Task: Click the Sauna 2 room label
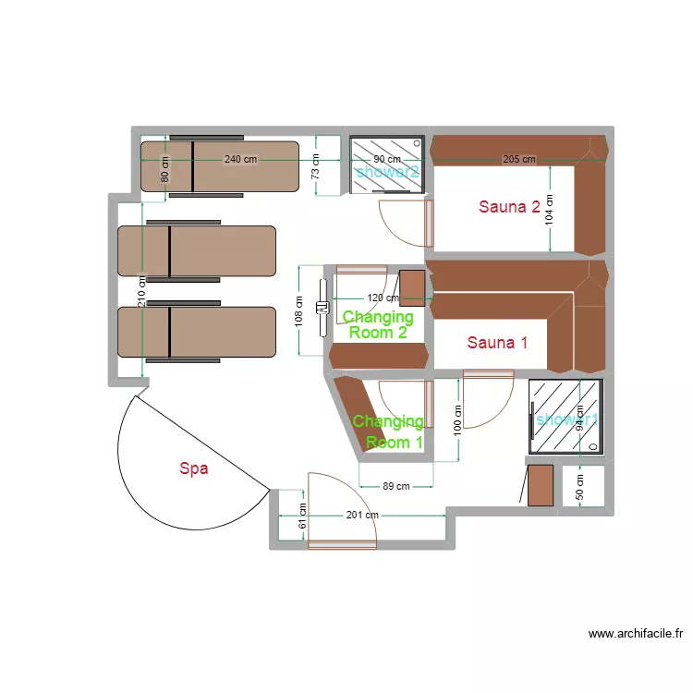pos(509,207)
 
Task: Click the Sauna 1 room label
pos(497,343)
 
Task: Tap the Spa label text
pos(193,468)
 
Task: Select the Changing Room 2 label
pos(377,325)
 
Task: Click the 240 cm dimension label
pos(240,159)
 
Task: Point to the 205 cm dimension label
pos(518,159)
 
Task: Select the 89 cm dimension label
pos(395,487)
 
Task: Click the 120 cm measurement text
pos(383,298)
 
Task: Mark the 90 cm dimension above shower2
pos(387,159)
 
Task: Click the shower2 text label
pos(387,171)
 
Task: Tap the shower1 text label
pos(565,419)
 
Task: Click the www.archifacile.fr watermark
pos(635,634)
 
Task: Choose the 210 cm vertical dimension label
pos(141,294)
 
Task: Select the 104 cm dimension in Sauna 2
pos(549,210)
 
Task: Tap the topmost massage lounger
pos(220,166)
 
